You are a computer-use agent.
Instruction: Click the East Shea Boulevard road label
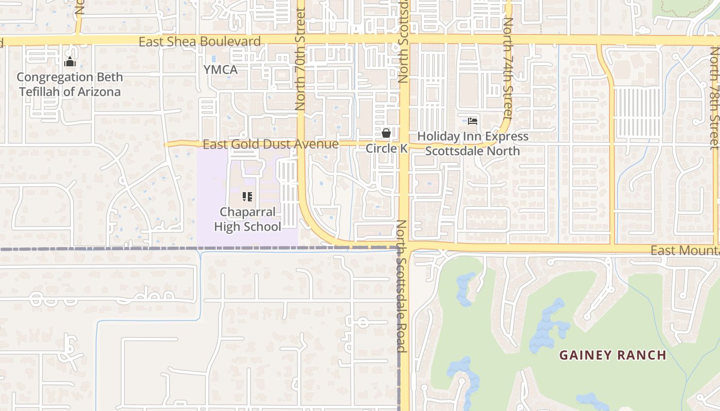coord(200,42)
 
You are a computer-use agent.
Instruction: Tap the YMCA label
coord(220,70)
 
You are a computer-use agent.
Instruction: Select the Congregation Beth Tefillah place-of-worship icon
coord(69,62)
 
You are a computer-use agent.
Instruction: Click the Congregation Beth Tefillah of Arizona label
coord(69,85)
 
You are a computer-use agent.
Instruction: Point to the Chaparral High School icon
coord(247,196)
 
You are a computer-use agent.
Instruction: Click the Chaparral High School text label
coord(247,219)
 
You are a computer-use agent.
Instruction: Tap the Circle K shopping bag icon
coord(386,133)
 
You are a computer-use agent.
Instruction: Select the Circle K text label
coord(386,148)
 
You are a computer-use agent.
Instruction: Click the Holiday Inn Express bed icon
coord(473,121)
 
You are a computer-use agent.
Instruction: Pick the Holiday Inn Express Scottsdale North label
coord(473,144)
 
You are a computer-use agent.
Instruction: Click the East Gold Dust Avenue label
coord(271,144)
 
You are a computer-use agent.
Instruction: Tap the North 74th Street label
coord(508,69)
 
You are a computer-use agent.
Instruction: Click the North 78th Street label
coord(714,98)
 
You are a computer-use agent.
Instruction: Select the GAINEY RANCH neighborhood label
coord(613,355)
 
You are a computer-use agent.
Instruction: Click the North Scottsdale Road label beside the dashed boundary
coord(402,286)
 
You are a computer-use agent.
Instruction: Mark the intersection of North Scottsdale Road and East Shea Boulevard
coord(404,40)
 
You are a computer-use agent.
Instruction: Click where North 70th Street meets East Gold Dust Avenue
coord(301,144)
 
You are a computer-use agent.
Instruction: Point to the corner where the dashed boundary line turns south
coord(399,249)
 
